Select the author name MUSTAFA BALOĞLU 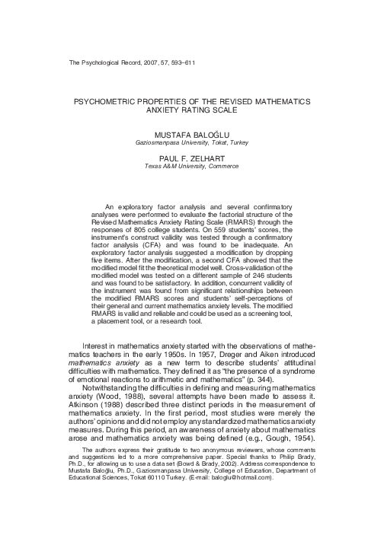pos(192,133)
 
